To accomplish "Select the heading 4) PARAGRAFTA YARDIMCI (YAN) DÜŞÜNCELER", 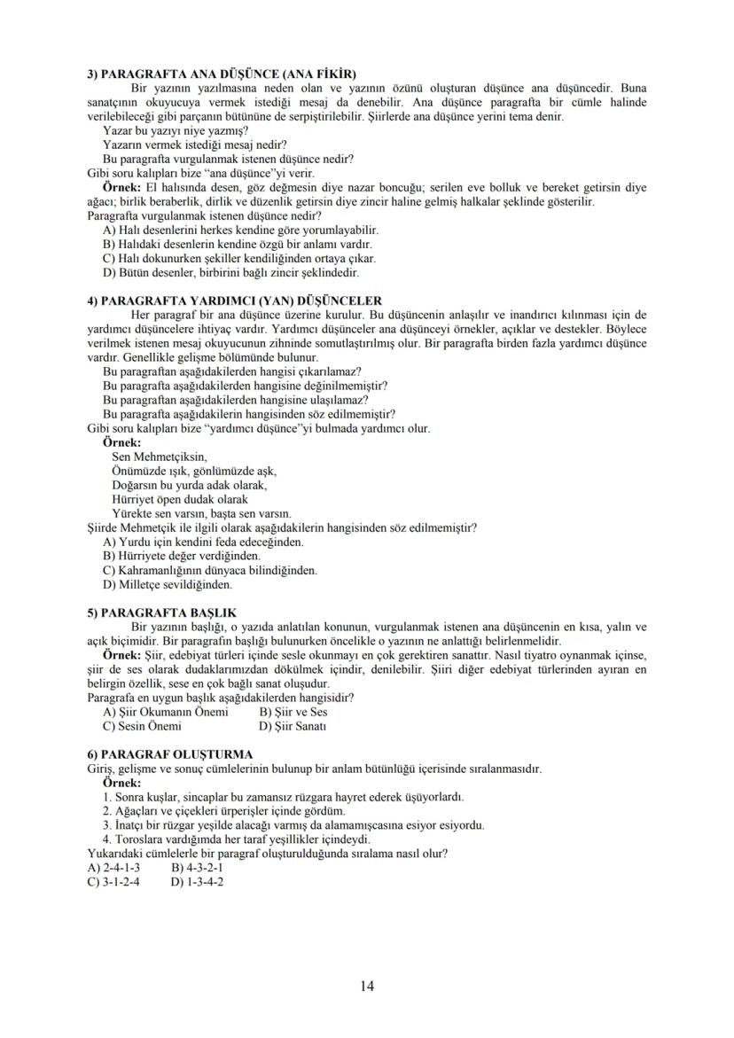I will click(x=234, y=300).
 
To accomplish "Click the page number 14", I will click(x=367, y=985).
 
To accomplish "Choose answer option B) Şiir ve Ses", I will click(x=293, y=712).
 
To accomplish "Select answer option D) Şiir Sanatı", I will click(x=293, y=726).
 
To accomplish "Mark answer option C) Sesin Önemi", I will click(x=142, y=726).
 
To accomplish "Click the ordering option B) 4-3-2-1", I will click(x=196, y=868).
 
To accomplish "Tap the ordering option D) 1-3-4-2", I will click(x=196, y=882).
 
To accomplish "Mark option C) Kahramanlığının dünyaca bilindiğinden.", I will click(x=210, y=570).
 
